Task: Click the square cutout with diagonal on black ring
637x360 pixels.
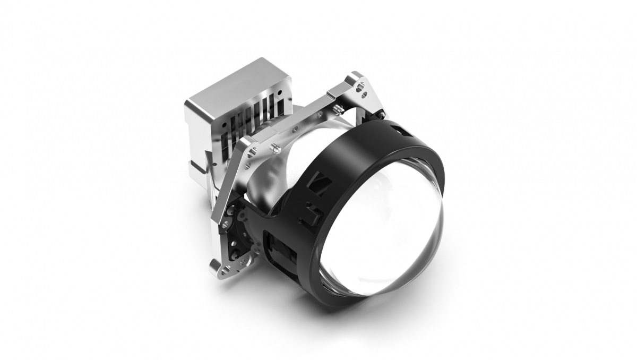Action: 322,184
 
